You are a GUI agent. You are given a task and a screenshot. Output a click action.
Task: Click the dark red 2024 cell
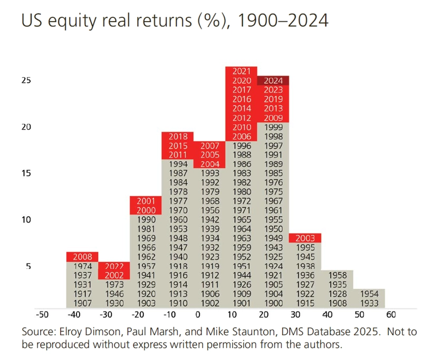click(273, 81)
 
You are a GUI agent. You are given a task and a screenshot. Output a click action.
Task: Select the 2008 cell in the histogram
click(82, 257)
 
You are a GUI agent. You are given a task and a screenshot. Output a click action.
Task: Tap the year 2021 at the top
click(241, 71)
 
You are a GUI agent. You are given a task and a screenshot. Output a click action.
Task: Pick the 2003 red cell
click(305, 238)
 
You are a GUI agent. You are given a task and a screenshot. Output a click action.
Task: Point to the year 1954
click(369, 294)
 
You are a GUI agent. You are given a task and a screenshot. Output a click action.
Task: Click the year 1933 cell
click(369, 303)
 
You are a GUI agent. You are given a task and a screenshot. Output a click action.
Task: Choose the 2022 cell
click(114, 266)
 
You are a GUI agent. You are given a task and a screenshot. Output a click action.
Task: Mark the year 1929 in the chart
click(146, 285)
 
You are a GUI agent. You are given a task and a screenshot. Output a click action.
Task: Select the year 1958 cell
click(338, 275)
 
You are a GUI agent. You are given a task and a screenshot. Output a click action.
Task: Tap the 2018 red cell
click(178, 137)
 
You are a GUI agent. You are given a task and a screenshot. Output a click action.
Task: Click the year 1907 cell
click(82, 303)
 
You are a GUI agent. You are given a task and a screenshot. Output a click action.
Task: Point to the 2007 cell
click(210, 145)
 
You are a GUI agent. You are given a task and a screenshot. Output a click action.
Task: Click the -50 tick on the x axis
click(42, 315)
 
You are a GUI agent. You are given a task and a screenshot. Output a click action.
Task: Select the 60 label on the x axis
click(391, 315)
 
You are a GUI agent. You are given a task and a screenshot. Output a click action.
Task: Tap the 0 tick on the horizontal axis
click(198, 315)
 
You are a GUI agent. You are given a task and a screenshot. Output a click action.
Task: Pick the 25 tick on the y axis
click(26, 80)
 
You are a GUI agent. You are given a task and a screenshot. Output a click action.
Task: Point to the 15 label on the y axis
click(26, 173)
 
